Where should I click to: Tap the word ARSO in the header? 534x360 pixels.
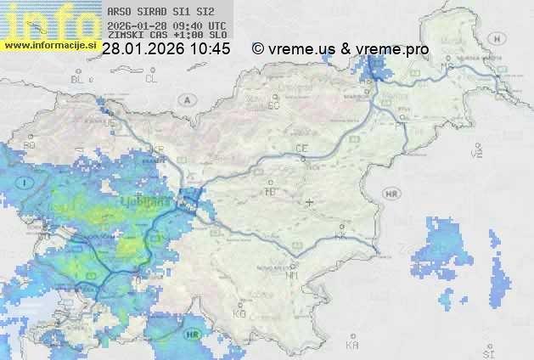[x=118, y=13]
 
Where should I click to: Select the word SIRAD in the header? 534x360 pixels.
[x=149, y=13]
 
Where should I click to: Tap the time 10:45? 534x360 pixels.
[x=210, y=49]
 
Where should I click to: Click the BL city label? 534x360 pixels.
[x=80, y=79]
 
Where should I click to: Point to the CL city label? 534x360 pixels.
[x=152, y=79]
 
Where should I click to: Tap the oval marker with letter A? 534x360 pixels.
[x=186, y=99]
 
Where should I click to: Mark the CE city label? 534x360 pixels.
[x=301, y=149]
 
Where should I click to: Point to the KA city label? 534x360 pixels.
[x=352, y=346]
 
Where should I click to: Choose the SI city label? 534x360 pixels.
[x=487, y=351]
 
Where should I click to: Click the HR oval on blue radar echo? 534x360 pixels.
[x=195, y=334]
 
